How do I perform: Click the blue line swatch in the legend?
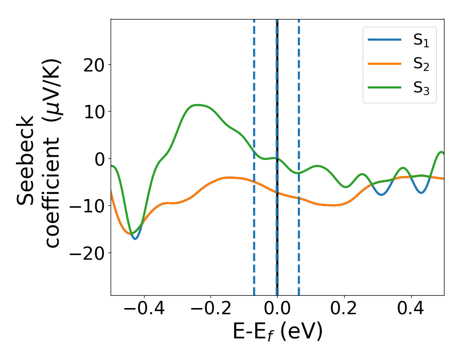385,41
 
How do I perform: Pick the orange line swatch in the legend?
385,64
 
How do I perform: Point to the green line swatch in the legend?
385,87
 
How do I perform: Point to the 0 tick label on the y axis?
99,158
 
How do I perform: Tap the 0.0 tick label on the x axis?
277,310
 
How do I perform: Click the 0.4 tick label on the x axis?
411,310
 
